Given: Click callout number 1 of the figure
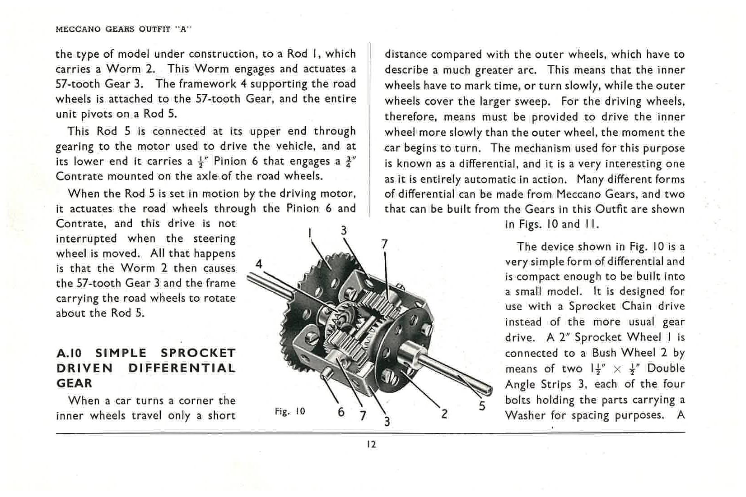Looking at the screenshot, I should coord(310,233).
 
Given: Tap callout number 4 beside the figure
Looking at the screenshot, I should coord(259,263).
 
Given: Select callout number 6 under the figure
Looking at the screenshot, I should coord(341,412).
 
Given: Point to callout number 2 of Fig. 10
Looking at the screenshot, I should coord(444,414).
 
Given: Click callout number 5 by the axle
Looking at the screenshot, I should coord(482,406).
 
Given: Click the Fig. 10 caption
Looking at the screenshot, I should coord(290,411).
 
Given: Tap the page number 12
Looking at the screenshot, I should coord(371,444).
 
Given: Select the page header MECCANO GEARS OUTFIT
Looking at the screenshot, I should coord(123,29).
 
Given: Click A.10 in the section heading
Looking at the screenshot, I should coord(69,353).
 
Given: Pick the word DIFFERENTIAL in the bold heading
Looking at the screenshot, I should coord(182,368).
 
